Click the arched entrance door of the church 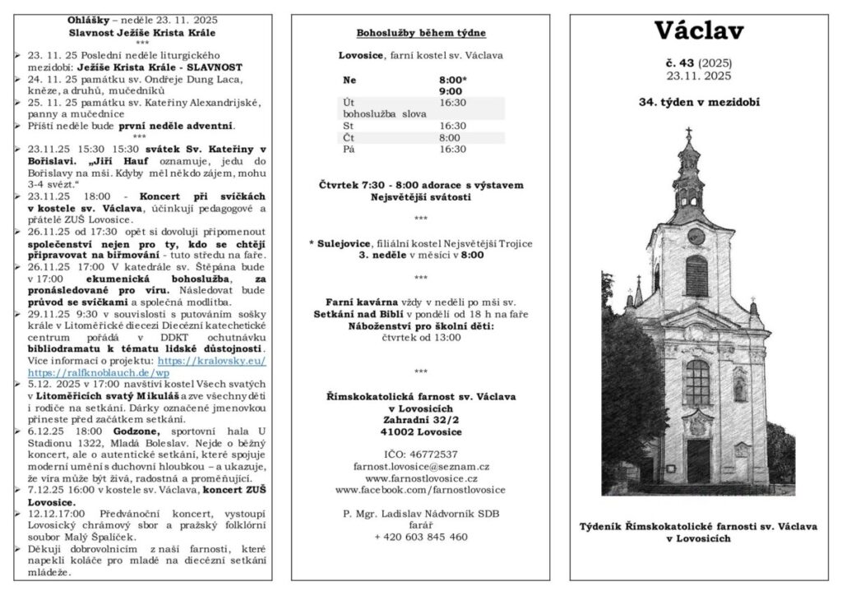click(x=699, y=460)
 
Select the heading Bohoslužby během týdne click(x=420, y=34)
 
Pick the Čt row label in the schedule click(x=349, y=138)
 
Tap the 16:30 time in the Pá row click(x=452, y=150)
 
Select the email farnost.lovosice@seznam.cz click(x=420, y=465)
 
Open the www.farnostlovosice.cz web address click(x=420, y=477)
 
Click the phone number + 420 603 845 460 click(x=420, y=537)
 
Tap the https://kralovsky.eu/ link click(x=212, y=361)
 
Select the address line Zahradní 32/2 click(x=420, y=419)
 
